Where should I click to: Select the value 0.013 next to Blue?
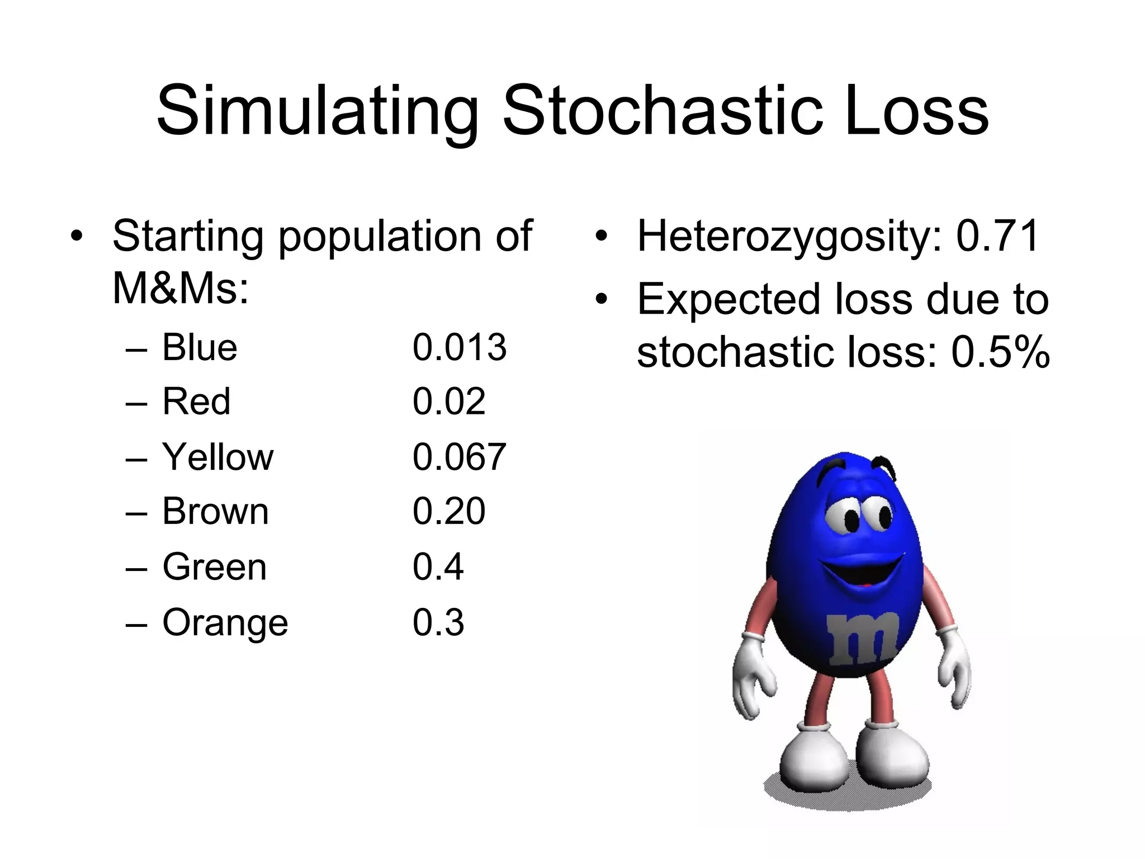click(x=459, y=347)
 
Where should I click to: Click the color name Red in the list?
click(x=196, y=402)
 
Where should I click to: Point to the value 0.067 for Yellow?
click(x=459, y=457)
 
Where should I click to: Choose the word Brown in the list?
click(x=215, y=511)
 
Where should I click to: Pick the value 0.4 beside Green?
click(x=438, y=567)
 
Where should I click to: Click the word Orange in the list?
click(x=225, y=622)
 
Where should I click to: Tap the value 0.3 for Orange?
click(x=438, y=622)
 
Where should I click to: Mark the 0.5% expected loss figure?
click(x=1000, y=353)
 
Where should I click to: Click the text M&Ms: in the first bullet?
click(x=180, y=289)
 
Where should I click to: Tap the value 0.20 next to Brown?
click(x=448, y=511)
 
